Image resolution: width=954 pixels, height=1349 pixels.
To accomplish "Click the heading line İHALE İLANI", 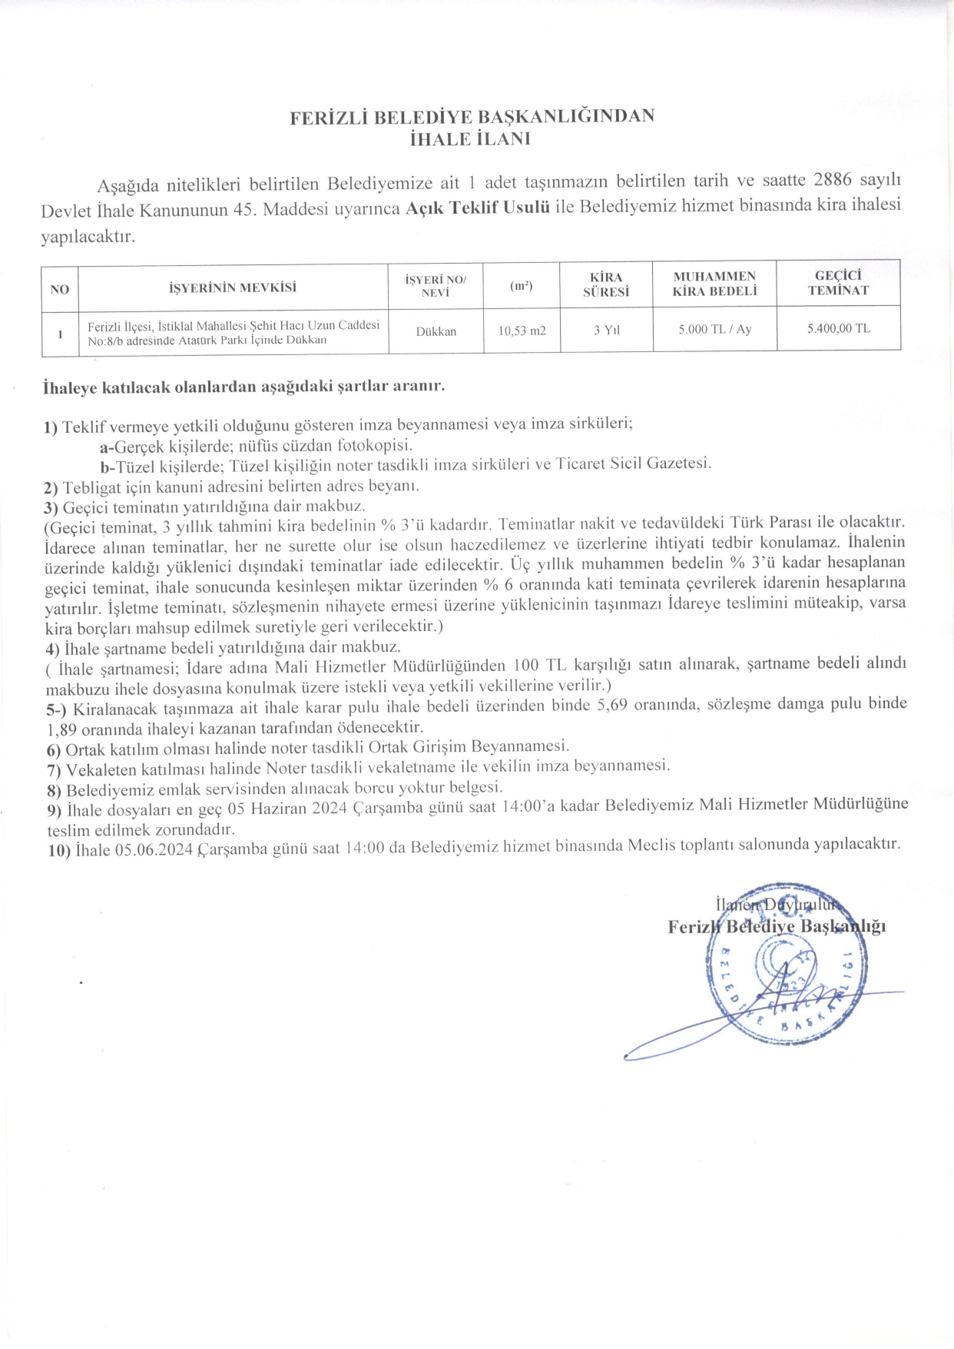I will point(471,139).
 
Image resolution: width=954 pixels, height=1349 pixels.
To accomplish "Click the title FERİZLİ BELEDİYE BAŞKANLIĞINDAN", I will point(472,117).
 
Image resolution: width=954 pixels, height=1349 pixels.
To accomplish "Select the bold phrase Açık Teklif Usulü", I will point(477,208).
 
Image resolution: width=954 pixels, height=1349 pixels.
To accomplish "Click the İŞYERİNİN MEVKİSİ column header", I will point(233,288).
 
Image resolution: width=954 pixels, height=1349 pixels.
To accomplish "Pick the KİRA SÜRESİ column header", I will point(606,284).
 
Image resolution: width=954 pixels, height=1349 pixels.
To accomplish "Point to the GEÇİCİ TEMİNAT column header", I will point(838,283).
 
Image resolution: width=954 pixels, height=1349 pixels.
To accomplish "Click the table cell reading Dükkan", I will point(436,331).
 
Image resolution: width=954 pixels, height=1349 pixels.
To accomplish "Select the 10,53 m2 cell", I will point(522,331).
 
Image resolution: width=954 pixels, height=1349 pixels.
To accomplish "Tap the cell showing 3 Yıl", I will point(606,330).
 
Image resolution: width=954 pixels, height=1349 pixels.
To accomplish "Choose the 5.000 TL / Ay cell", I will point(714,329).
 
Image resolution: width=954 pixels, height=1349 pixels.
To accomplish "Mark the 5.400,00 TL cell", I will point(838,328).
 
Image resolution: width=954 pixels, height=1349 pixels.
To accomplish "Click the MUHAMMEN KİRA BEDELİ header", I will point(714,284).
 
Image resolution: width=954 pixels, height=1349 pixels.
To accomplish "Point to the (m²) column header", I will point(522,286).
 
